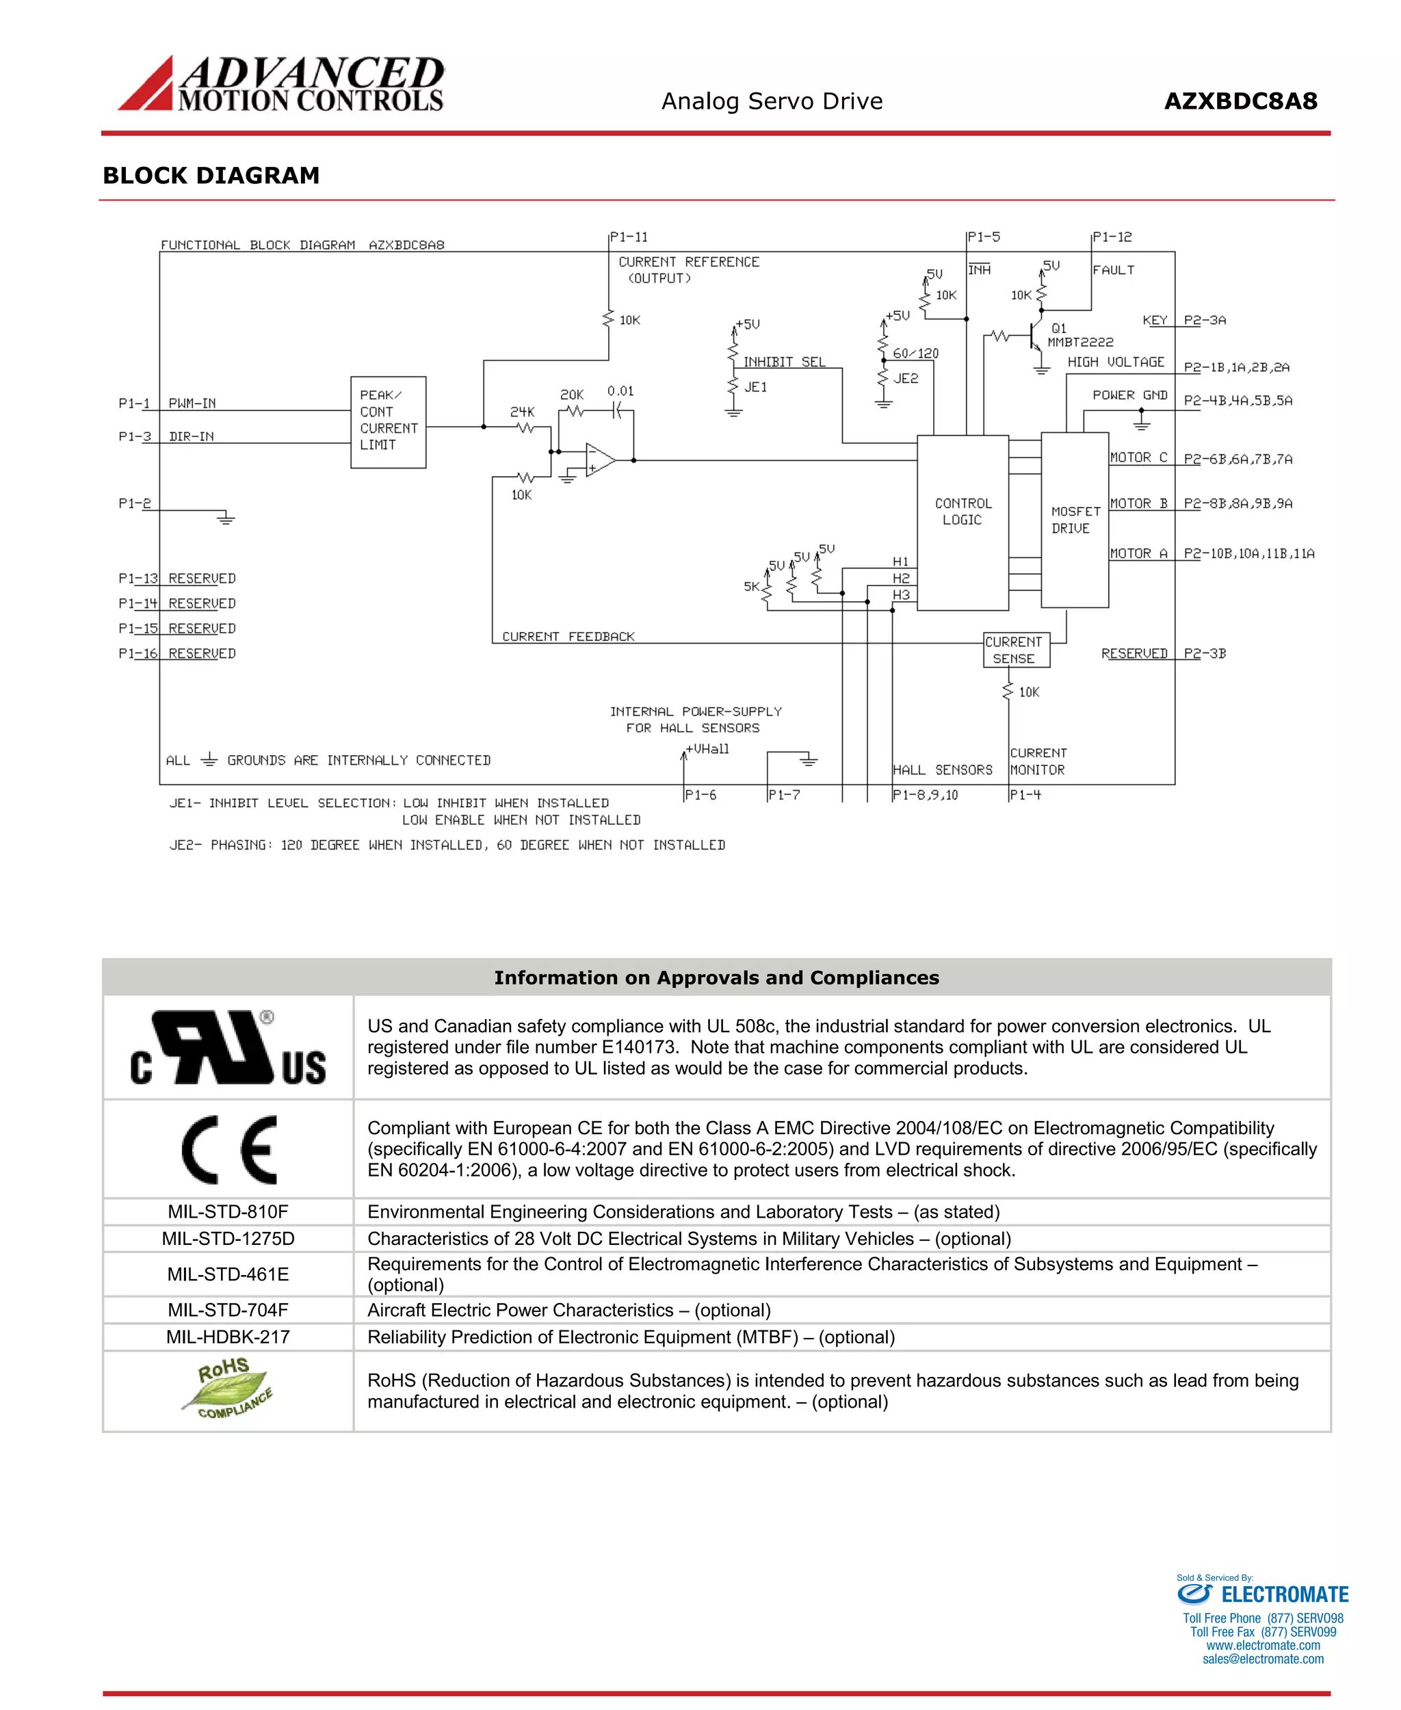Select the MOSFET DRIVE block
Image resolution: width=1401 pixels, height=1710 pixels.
tap(1074, 520)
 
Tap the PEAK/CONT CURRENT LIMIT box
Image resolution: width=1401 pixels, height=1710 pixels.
tap(388, 421)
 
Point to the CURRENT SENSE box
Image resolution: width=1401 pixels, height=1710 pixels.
tap(1015, 650)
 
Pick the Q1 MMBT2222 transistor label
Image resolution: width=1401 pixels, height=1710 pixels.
tap(1079, 335)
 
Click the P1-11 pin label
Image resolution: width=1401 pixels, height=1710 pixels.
tap(629, 237)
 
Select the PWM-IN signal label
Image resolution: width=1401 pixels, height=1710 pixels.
tap(192, 403)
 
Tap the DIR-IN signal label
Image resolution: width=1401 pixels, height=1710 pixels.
tap(192, 436)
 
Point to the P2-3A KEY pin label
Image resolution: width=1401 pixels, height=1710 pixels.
tap(1204, 320)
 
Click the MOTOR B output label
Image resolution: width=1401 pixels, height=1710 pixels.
tap(1139, 503)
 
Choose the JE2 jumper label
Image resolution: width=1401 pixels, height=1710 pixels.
tap(906, 378)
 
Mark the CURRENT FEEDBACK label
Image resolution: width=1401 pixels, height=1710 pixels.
tap(568, 637)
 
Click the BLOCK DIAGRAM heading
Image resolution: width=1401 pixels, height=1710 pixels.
tap(211, 175)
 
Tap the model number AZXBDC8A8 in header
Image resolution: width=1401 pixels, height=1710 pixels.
tap(1240, 102)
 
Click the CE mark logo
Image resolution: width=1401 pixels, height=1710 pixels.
tap(229, 1149)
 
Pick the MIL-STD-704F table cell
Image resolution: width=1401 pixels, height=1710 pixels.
tap(228, 1310)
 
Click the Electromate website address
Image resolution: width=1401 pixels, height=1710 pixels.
tap(1263, 1646)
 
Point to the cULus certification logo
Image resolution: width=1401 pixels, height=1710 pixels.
tap(228, 1047)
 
